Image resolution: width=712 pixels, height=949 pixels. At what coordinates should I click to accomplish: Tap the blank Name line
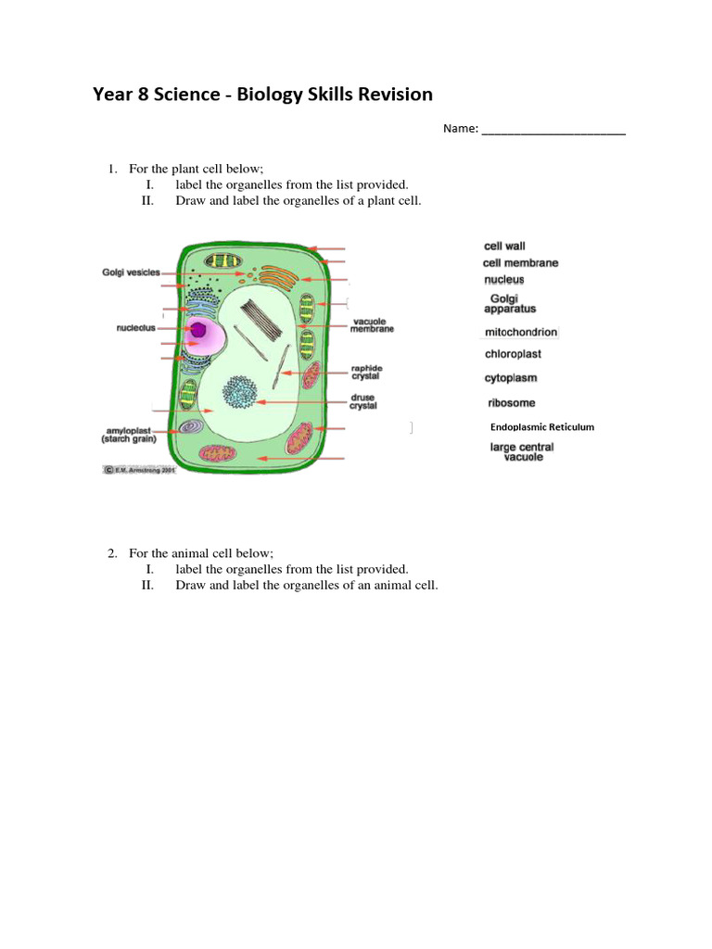point(553,131)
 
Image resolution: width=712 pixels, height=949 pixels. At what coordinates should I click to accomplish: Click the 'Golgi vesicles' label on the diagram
point(131,272)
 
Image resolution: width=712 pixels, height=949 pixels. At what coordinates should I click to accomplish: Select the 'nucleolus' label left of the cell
point(136,327)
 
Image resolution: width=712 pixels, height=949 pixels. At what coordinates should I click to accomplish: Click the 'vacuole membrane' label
point(373,325)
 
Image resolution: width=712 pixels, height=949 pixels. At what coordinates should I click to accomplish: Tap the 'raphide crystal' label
point(366,373)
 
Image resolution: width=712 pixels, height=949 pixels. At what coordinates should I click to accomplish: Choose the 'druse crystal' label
point(363,402)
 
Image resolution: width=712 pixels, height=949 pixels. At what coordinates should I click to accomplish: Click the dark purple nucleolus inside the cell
point(197,329)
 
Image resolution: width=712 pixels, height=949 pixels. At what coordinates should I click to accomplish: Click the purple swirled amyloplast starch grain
point(192,426)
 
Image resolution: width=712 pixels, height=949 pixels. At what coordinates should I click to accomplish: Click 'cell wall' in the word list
point(505,247)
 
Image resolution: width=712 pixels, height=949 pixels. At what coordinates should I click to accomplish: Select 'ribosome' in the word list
point(512,403)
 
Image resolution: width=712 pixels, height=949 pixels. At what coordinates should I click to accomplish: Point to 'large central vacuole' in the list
point(522,452)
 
